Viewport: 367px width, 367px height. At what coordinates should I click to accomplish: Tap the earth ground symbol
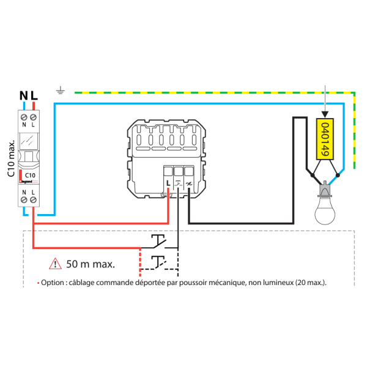click(x=61, y=92)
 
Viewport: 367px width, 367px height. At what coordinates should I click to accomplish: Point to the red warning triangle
click(x=56, y=264)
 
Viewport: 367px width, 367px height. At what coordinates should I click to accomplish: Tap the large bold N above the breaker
click(x=23, y=96)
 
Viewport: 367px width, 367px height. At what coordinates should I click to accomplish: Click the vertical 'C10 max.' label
click(x=11, y=157)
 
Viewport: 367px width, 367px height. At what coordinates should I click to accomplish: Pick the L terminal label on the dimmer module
click(x=168, y=182)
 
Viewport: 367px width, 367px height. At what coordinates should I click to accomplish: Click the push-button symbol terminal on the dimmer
click(x=179, y=182)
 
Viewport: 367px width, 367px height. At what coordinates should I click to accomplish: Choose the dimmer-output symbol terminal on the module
click(x=189, y=182)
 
